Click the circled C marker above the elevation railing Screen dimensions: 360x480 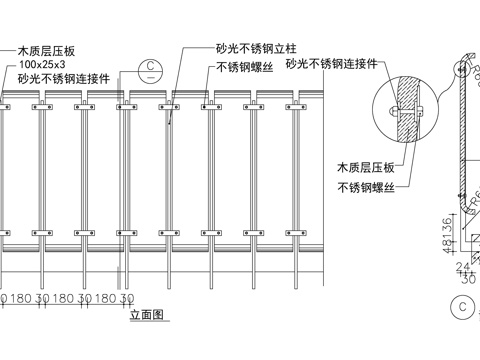coord(150,70)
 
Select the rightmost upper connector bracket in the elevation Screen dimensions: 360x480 coord(293,101)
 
